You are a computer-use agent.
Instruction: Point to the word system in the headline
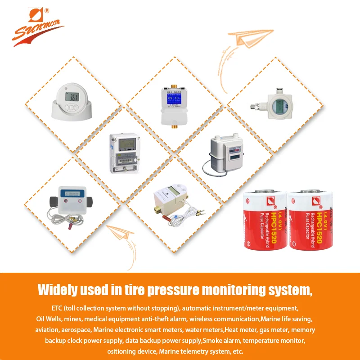[x=287, y=289]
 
